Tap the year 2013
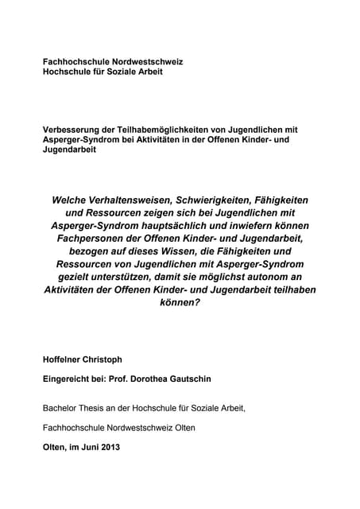[x=107, y=446]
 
